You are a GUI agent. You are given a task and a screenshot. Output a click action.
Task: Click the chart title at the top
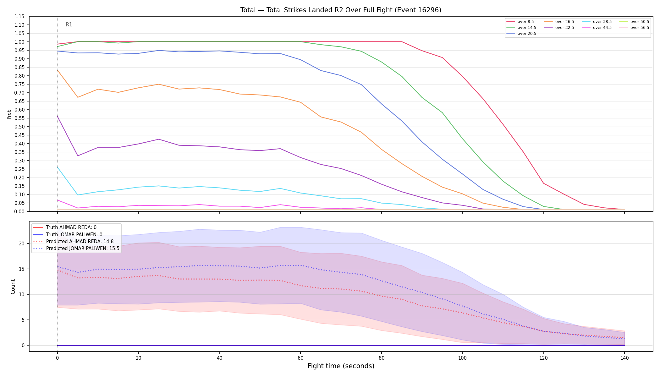coord(341,10)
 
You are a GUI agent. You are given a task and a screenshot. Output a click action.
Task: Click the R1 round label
coord(69,25)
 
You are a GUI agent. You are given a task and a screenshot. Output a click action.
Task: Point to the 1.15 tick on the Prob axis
coord(19,16)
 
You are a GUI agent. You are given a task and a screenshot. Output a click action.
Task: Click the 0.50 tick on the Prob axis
coord(19,127)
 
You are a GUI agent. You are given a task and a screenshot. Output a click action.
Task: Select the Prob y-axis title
coord(9,114)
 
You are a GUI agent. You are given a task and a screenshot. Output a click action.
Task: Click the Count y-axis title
coord(13,287)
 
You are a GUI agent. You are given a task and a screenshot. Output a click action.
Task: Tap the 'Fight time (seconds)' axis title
coord(341,366)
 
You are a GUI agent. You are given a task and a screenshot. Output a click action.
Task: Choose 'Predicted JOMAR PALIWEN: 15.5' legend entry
coord(76,249)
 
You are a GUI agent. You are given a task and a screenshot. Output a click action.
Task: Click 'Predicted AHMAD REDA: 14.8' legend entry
coord(73,242)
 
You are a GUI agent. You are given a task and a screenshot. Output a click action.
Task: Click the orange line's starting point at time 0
coord(58,70)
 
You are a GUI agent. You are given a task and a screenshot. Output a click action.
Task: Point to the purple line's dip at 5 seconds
coord(78,156)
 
